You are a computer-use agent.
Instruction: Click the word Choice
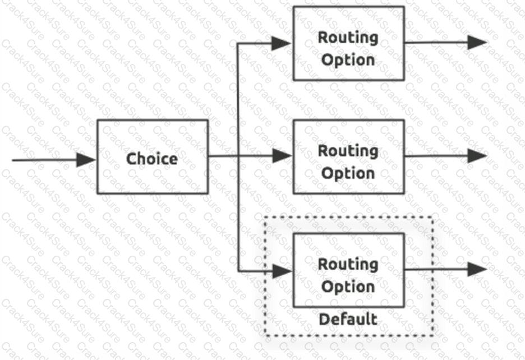pyautogui.click(x=152, y=159)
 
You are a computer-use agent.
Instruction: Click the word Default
pyautogui.click(x=348, y=320)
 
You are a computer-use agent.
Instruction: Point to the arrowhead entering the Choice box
pyautogui.click(x=86, y=160)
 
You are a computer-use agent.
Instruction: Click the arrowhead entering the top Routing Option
pyautogui.click(x=282, y=43)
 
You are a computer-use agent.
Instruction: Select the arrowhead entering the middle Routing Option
pyautogui.click(x=282, y=156)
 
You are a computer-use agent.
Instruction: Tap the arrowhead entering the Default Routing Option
pyautogui.click(x=282, y=271)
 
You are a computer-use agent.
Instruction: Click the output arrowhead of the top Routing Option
pyautogui.click(x=477, y=43)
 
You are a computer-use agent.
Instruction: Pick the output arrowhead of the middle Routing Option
pyautogui.click(x=477, y=155)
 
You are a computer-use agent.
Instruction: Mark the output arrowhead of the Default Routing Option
pyautogui.click(x=477, y=269)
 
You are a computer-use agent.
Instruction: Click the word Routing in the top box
pyautogui.click(x=348, y=38)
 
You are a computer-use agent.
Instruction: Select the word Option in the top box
pyautogui.click(x=348, y=59)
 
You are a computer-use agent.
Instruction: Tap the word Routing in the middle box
pyautogui.click(x=348, y=151)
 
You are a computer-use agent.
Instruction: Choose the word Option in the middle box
pyautogui.click(x=348, y=173)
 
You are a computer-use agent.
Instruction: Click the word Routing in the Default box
pyautogui.click(x=348, y=264)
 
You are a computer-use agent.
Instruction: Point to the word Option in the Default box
pyautogui.click(x=348, y=287)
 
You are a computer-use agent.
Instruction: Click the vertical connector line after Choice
pyautogui.click(x=238, y=213)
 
